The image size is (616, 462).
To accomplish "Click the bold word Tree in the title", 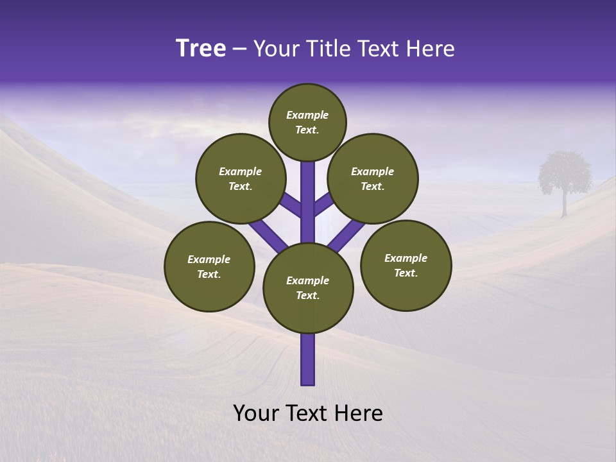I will pyautogui.click(x=201, y=49).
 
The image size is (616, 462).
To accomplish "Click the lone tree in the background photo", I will pyautogui.click(x=564, y=173).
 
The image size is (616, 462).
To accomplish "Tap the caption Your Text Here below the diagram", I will pyautogui.click(x=308, y=413).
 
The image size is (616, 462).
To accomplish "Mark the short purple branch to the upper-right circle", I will pyautogui.click(x=323, y=204).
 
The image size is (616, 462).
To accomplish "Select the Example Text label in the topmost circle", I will pyautogui.click(x=307, y=122).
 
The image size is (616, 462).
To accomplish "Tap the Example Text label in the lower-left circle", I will pyautogui.click(x=209, y=267).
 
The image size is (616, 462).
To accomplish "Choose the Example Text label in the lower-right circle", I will pyautogui.click(x=406, y=266).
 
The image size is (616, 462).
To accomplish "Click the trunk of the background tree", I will pyautogui.click(x=565, y=205).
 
